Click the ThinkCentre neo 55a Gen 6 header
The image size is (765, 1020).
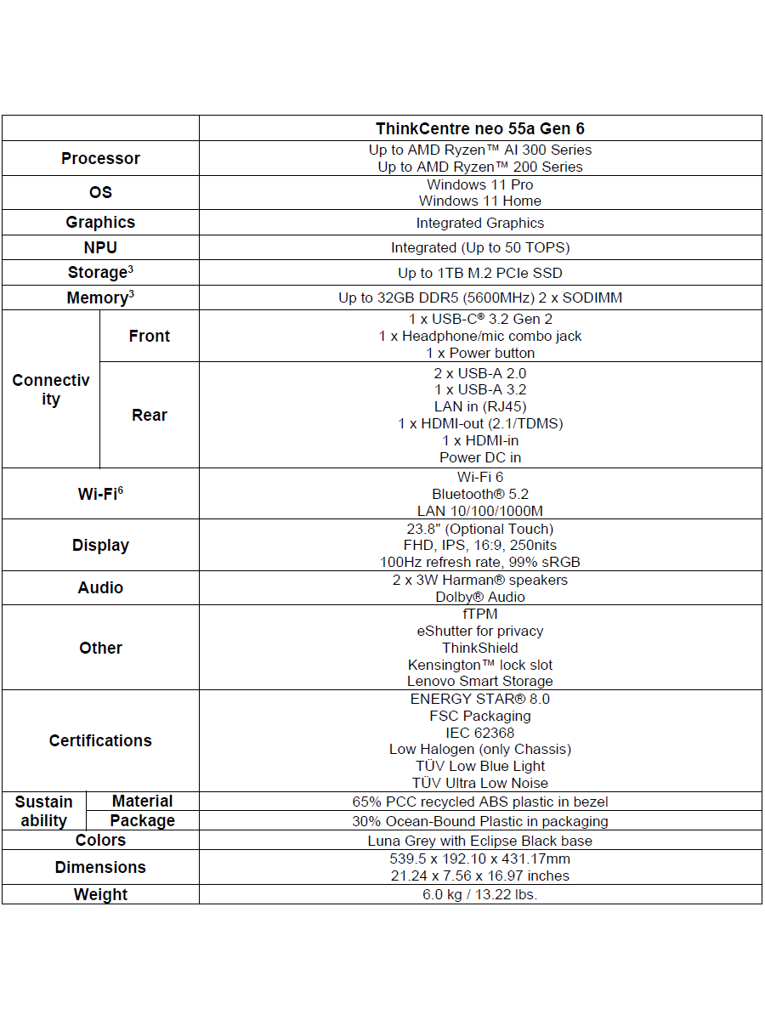(480, 129)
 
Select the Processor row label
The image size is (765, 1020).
(100, 159)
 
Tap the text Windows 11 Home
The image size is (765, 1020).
(480, 201)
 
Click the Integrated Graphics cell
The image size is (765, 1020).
(480, 224)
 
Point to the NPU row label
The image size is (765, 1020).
(100, 248)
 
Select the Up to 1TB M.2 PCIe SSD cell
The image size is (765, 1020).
(480, 274)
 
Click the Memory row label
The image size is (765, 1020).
(100, 298)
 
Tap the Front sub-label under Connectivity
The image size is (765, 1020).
(150, 337)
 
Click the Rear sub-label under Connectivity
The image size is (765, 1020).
(150, 416)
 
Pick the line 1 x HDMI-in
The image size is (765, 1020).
(480, 440)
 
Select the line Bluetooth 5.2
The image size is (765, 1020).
(480, 495)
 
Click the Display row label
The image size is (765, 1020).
(100, 546)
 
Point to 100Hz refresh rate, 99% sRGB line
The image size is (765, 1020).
(480, 562)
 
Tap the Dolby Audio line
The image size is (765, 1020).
(480, 597)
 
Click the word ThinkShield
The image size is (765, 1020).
(480, 648)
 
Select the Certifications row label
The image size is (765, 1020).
(100, 741)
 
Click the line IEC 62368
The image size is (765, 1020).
(480, 733)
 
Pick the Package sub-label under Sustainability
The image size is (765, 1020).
(143, 821)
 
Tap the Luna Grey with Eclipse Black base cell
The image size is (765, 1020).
(480, 841)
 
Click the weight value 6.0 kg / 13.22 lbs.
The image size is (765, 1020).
(480, 894)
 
